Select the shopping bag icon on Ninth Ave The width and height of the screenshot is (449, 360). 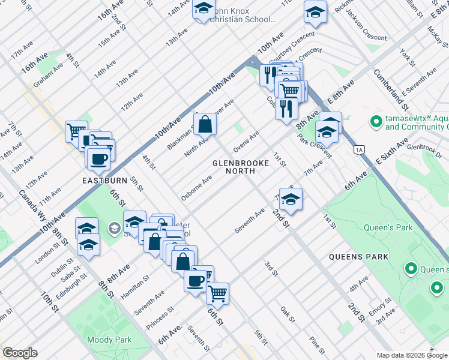pos(205,125)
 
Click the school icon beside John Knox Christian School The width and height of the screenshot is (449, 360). pos(203,10)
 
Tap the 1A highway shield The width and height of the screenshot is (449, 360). pos(360,149)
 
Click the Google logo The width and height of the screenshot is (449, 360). pos(20,352)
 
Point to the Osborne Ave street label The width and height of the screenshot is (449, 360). pos(196,188)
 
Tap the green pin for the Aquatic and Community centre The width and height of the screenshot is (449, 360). pos(376,122)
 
